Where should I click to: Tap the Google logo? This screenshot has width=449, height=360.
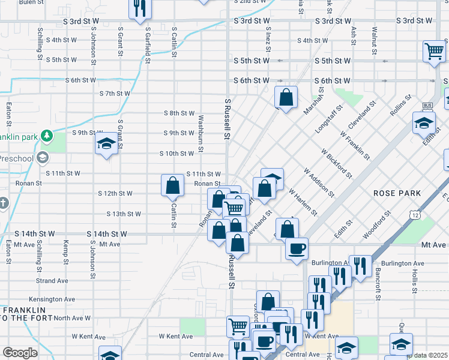pyautogui.click(x=20, y=353)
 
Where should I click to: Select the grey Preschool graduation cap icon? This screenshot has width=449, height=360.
pyautogui.click(x=42, y=158)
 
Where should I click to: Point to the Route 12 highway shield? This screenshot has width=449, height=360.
pyautogui.click(x=415, y=214)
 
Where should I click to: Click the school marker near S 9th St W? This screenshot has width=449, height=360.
pyautogui.click(x=106, y=144)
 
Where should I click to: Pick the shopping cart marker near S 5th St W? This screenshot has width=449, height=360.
pyautogui.click(x=433, y=51)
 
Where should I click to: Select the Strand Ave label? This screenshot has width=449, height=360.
pyautogui.click(x=52, y=281)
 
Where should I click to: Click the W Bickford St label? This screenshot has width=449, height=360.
pyautogui.click(x=336, y=164)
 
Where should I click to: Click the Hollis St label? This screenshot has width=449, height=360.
pyautogui.click(x=414, y=280)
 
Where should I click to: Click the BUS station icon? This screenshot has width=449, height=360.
pyautogui.click(x=427, y=105)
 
